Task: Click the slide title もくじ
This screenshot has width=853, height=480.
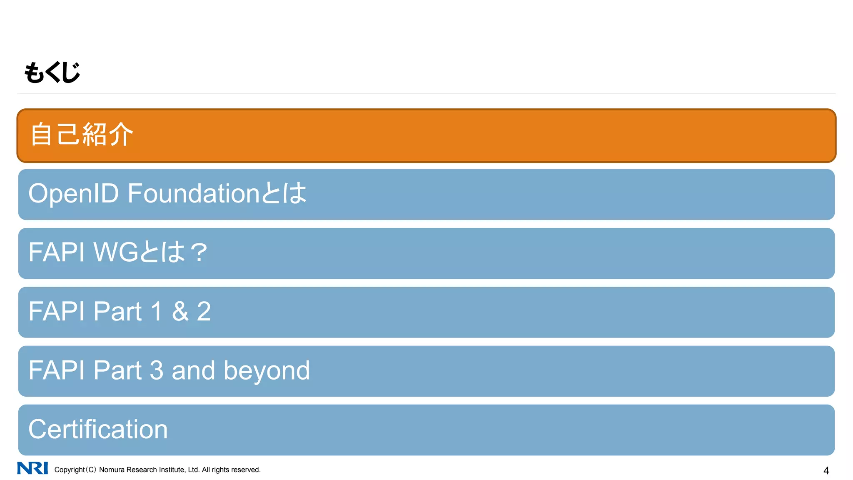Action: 52,72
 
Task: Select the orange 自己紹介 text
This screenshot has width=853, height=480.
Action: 82,135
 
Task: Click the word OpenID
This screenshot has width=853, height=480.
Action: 74,194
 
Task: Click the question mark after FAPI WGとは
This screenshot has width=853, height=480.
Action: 199,253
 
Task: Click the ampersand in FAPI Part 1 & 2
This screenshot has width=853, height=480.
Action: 180,312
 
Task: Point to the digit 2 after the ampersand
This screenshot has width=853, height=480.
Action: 204,312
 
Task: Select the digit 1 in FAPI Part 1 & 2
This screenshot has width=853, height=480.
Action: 157,312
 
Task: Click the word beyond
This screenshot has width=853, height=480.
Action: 267,371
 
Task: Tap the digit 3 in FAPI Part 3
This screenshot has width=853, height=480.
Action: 156,370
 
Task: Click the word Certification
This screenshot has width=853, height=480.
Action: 98,430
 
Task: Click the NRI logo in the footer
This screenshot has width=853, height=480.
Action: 32,468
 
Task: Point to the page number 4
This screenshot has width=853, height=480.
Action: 826,471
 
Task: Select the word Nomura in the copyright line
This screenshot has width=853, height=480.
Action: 112,470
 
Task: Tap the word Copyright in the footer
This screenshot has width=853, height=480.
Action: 70,470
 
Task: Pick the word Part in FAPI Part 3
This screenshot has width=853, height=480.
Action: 117,370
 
